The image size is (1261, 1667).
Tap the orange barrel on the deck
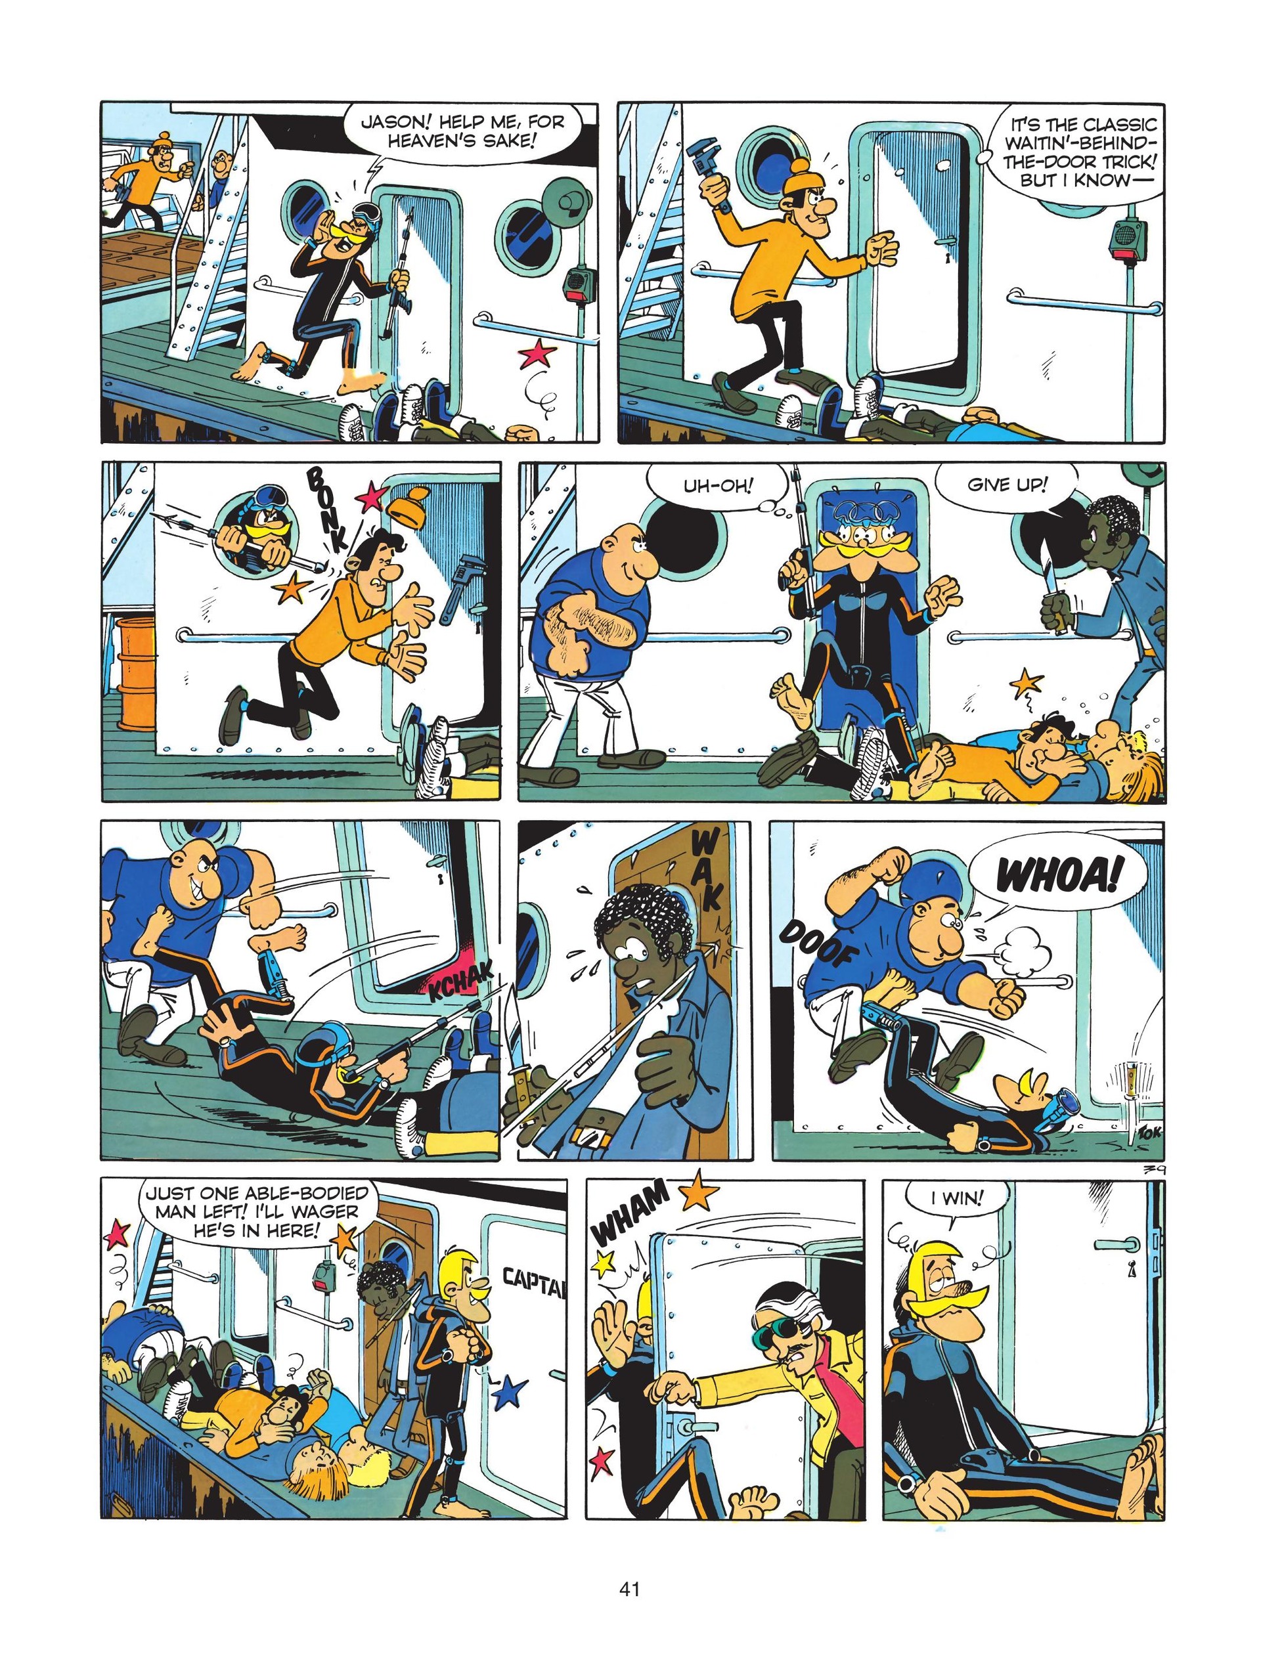coord(136,689)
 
